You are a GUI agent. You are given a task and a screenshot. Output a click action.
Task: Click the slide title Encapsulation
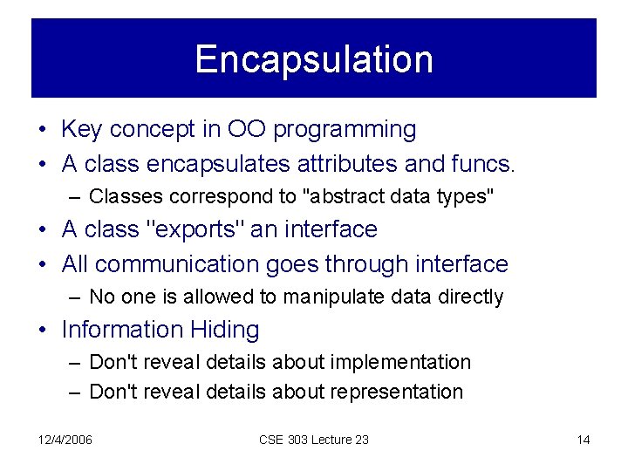coord(314,59)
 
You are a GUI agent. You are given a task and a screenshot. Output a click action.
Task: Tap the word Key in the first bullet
coord(80,130)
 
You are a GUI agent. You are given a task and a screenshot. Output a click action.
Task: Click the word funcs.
coord(485,162)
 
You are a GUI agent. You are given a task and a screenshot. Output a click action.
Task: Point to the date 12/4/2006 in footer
coord(65,440)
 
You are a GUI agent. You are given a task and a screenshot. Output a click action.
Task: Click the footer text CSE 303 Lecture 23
coord(314,440)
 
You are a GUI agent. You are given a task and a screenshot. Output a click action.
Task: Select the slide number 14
coord(584,440)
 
